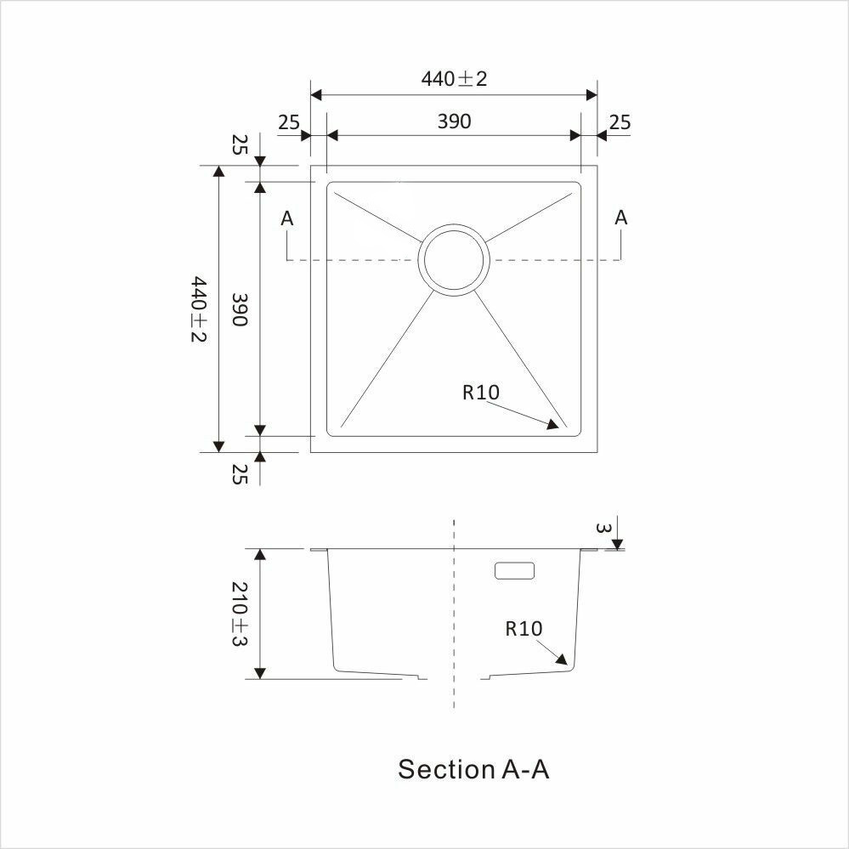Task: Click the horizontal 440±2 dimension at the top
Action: point(454,79)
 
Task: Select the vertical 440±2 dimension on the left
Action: point(199,308)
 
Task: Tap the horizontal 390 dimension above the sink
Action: point(454,122)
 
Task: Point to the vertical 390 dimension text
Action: point(240,309)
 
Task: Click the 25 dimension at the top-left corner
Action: point(289,122)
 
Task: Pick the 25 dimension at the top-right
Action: point(620,122)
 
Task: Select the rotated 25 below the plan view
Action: point(240,474)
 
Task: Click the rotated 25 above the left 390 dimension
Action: point(240,144)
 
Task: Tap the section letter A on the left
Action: point(287,218)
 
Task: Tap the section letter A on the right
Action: point(620,217)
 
